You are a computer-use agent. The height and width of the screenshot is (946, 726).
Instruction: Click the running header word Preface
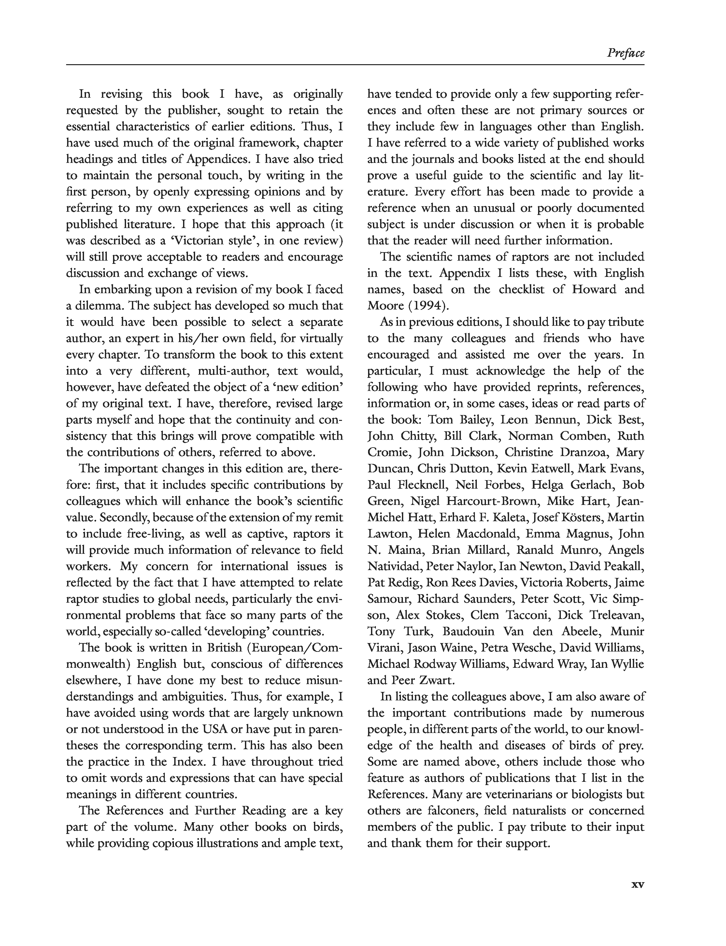625,53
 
